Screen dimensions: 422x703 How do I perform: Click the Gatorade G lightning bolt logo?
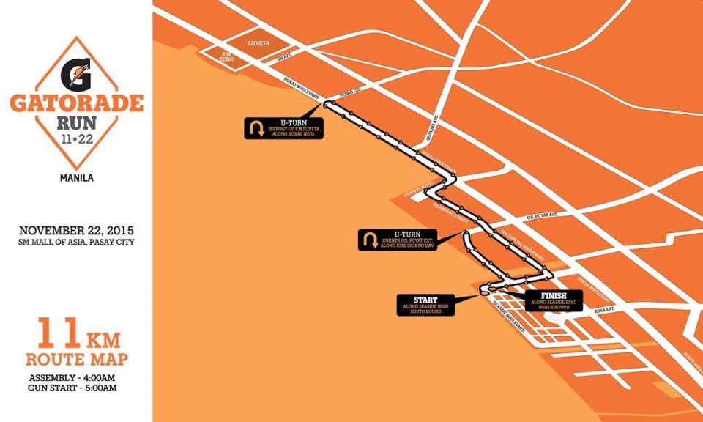(76, 74)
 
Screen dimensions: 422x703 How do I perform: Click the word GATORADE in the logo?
(76, 103)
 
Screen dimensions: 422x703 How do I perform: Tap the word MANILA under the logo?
(76, 177)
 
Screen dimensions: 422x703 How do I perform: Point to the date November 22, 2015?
(77, 230)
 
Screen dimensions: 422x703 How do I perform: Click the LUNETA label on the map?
(259, 43)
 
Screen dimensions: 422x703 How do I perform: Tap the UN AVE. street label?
(283, 58)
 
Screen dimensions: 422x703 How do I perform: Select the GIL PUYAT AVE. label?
(543, 216)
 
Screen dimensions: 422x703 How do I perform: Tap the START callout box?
(425, 305)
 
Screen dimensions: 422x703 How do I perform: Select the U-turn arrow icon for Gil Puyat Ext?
(369, 240)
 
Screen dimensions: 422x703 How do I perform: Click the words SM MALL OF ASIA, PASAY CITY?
(77, 242)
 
